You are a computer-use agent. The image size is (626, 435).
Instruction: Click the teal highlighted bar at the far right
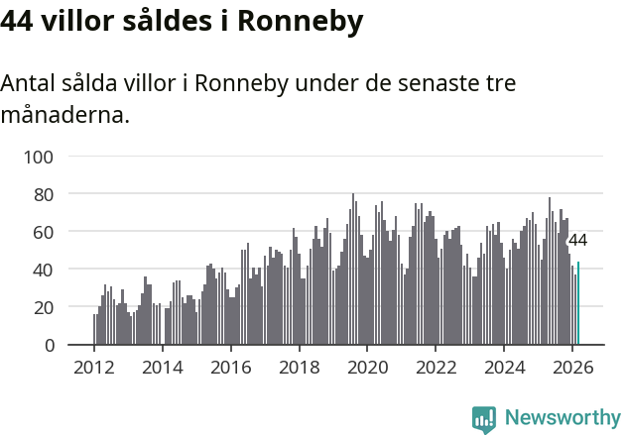pos(578,303)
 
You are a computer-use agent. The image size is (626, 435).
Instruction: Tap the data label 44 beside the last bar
pos(577,241)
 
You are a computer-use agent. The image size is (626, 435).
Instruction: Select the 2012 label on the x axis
pos(94,366)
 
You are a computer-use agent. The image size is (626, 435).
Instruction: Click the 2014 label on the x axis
pos(163,366)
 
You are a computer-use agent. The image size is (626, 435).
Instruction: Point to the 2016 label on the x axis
pos(230,366)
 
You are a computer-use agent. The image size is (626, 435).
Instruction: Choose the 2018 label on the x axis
pos(299,366)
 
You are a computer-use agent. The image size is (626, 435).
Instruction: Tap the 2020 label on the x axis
pos(367,366)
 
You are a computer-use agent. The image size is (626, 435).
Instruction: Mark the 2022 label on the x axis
pos(436,366)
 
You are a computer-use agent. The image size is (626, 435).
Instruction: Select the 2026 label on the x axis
pos(572,366)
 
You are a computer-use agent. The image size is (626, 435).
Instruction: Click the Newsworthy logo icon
pos(484,419)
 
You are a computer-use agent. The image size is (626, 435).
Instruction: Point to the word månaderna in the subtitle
pos(64,116)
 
